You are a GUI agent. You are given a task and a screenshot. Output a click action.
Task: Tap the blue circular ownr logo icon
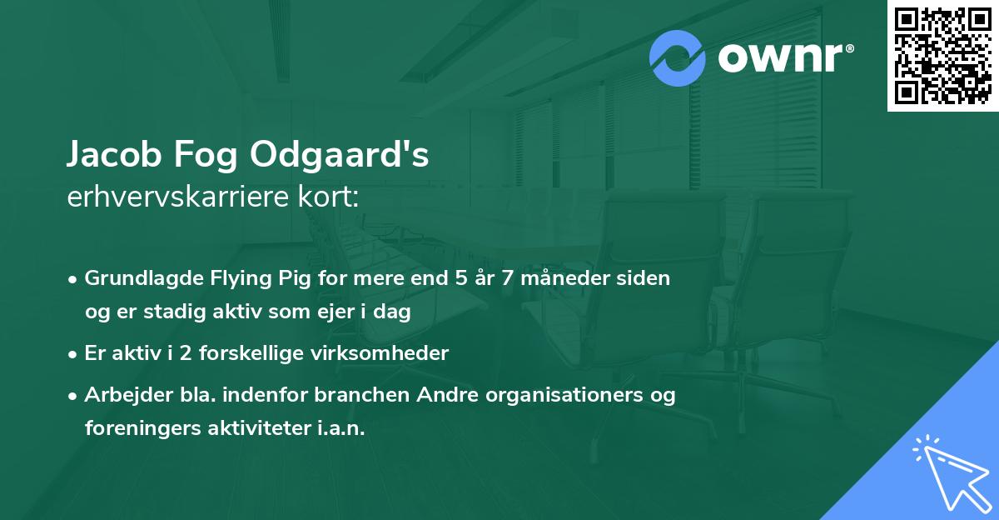point(678,58)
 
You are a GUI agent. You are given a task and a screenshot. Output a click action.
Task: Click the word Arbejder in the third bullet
point(122,395)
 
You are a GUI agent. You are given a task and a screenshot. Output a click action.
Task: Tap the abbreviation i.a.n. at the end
point(342,428)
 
